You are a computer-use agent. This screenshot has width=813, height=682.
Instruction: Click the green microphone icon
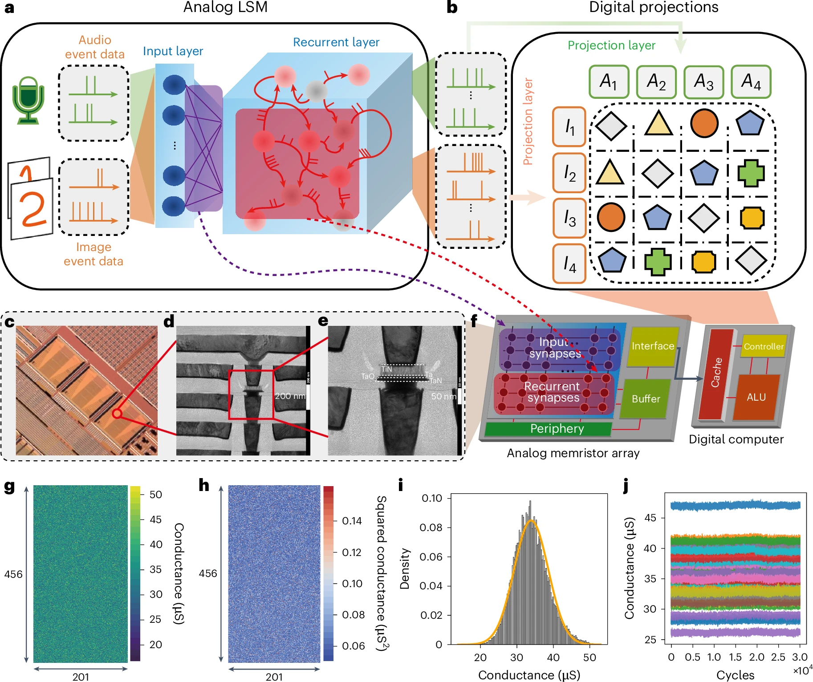tap(28, 100)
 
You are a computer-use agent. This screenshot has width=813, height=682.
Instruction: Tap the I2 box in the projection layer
tap(569, 173)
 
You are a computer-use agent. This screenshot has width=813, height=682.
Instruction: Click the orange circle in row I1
tap(704, 123)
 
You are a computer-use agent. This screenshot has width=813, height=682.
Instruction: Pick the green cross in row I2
tap(751, 173)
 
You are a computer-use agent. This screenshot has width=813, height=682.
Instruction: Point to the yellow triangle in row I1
tap(658, 124)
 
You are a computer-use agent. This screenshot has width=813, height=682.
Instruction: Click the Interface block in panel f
tap(653, 346)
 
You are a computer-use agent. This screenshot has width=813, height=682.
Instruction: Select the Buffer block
tap(646, 399)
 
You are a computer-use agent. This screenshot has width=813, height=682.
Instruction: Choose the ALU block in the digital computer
tap(756, 397)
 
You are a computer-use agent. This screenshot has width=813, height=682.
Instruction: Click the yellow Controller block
tap(763, 346)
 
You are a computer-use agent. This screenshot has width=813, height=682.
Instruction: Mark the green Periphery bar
tap(557, 429)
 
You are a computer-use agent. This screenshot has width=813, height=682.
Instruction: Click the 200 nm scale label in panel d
tap(290, 396)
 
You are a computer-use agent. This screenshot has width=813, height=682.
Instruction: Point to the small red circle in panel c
tap(117, 414)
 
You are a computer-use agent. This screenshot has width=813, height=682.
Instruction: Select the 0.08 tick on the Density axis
tap(431, 528)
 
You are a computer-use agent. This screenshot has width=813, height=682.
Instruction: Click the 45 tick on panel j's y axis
tap(650, 518)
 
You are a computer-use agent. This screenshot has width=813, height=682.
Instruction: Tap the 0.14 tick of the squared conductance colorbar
tap(352, 521)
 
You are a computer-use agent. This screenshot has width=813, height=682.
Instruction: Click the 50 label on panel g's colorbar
tap(155, 495)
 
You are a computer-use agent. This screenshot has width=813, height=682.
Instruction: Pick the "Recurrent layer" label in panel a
tap(336, 42)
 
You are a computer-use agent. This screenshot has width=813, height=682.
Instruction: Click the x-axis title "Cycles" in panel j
tap(735, 675)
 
